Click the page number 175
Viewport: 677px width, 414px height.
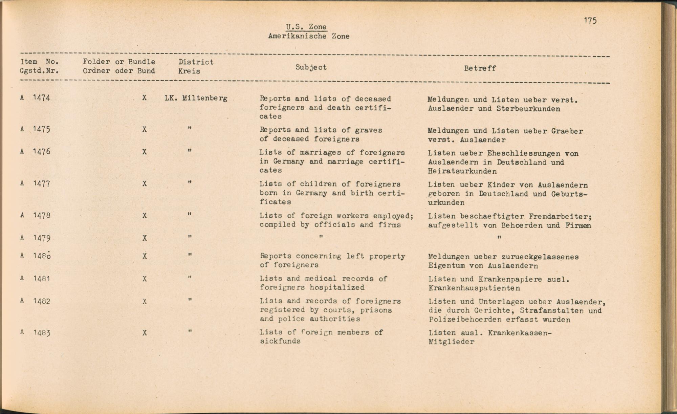click(590, 21)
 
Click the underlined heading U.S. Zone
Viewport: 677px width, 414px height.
click(306, 27)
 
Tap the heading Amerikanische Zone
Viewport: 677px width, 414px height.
click(308, 36)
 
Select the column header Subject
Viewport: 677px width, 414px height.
click(311, 67)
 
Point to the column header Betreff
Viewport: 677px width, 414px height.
click(480, 68)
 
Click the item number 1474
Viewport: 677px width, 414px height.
click(41, 98)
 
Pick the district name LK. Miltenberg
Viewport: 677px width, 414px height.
click(196, 98)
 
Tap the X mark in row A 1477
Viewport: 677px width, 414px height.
click(145, 184)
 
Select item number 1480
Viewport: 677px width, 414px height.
click(42, 256)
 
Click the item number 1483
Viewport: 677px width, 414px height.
click(42, 333)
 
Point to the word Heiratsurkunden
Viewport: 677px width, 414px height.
click(462, 171)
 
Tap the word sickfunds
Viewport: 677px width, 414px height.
click(280, 341)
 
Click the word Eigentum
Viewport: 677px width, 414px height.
click(446, 266)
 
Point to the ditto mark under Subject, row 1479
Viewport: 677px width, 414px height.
click(321, 237)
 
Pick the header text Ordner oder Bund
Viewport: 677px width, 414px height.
click(119, 71)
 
